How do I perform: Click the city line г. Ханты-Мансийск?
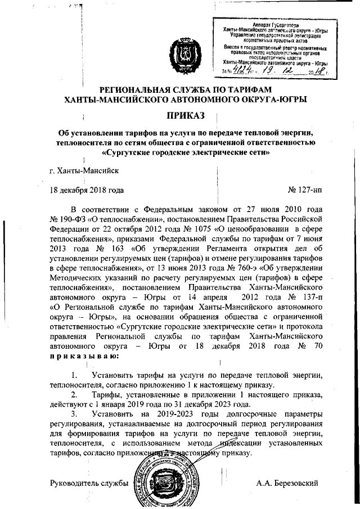coord(84,169)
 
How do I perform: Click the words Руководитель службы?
coord(89,483)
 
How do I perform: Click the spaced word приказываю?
coord(84,356)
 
